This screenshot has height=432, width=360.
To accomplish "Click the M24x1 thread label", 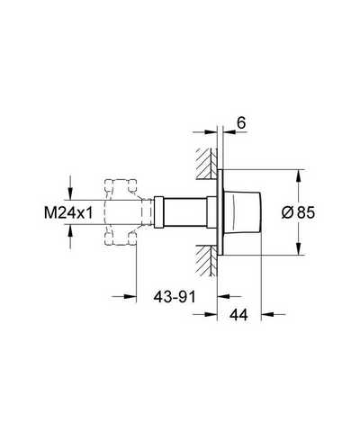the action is (x=68, y=212).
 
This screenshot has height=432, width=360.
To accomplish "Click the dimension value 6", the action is (x=241, y=122).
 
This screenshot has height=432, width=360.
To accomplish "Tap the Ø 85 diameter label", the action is (x=298, y=212).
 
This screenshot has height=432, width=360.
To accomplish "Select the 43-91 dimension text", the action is (x=175, y=297).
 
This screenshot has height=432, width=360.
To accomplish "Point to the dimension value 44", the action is (x=238, y=315).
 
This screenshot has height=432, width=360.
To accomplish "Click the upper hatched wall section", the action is (x=206, y=164).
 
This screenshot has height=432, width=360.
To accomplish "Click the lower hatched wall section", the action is (x=206, y=260).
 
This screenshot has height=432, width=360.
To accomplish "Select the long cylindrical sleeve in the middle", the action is (x=185, y=212).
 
